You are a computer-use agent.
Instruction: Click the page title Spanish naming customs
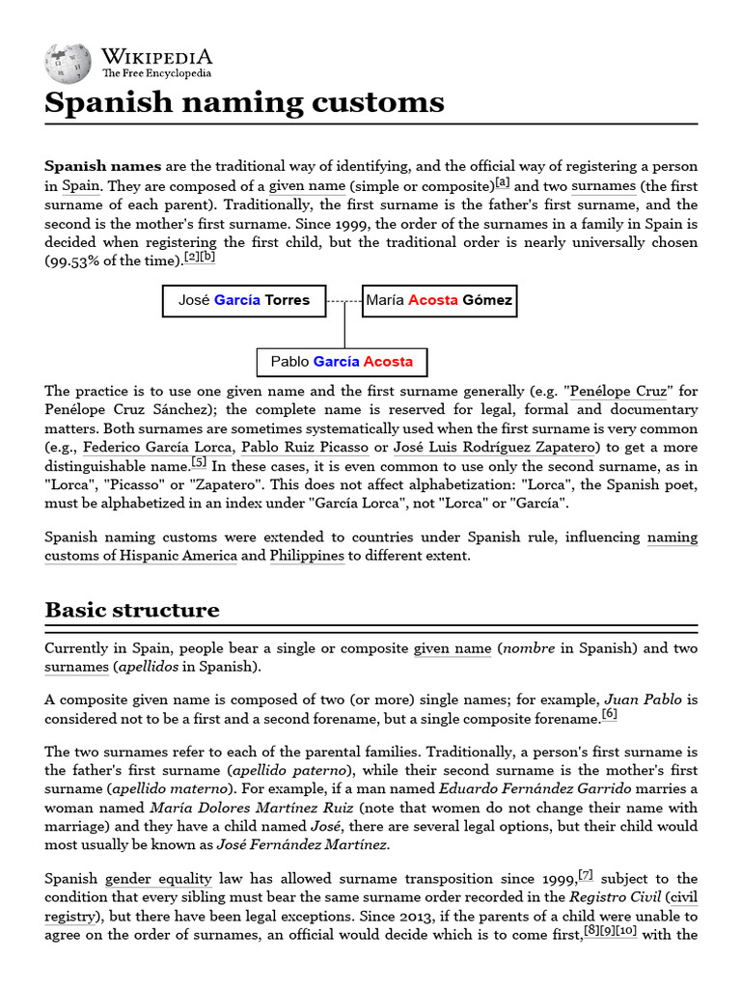click(x=244, y=102)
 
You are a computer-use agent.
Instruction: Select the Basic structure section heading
click(x=131, y=610)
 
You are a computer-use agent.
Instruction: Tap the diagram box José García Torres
click(x=244, y=300)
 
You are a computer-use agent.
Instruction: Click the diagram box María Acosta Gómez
click(x=439, y=300)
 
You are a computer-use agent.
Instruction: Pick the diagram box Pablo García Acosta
click(x=342, y=362)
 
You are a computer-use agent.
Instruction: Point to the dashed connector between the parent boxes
click(x=344, y=301)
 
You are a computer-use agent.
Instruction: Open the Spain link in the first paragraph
click(x=82, y=186)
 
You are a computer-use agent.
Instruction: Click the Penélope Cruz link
click(x=617, y=392)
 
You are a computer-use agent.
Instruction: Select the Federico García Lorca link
click(x=157, y=448)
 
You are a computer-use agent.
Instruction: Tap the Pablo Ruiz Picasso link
click(x=305, y=448)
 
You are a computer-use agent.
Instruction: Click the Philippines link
click(x=307, y=556)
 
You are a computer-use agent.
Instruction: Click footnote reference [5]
click(x=199, y=462)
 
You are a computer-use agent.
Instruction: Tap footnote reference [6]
click(x=609, y=714)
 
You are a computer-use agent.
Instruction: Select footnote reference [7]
click(x=585, y=875)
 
